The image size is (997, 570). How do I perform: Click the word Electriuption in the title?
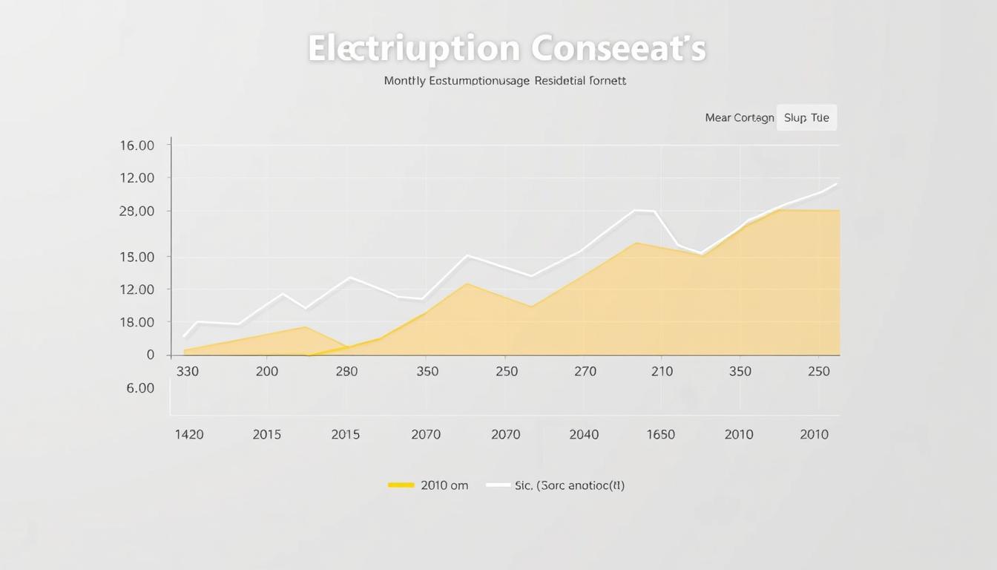coord(413,49)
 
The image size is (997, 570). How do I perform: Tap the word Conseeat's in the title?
coord(618,49)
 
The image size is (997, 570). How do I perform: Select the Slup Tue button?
coord(806,118)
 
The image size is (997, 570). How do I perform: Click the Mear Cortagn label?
coord(739,118)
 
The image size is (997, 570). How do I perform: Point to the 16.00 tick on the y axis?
coord(136,145)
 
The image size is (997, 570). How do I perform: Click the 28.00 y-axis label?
coord(136,212)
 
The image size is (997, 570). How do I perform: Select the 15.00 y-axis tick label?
coord(136,258)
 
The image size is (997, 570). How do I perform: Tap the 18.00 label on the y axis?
coord(136,322)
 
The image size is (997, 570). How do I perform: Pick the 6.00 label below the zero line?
coord(140,388)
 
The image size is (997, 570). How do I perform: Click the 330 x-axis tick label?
coord(188,371)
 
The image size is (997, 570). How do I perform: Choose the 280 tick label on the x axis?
coord(346,371)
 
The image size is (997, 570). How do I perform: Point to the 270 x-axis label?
coord(585,371)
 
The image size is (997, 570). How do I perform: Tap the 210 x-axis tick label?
coord(662,371)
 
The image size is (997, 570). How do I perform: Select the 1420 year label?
coord(188,435)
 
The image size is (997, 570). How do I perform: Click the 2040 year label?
coord(584,435)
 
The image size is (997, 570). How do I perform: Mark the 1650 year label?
coord(660,435)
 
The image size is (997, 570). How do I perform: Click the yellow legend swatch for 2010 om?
coord(401,485)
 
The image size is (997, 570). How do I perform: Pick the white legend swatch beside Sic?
coord(498,485)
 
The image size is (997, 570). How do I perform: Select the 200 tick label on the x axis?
coord(267,371)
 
